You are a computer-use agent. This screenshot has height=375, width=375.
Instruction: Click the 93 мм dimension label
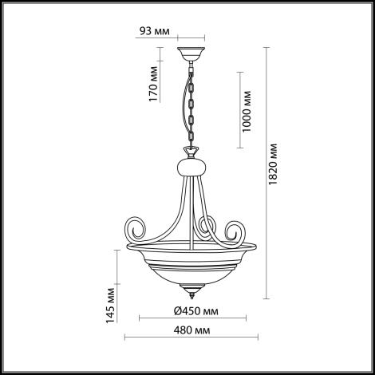pos(155,31)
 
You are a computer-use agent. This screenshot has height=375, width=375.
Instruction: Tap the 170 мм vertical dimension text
pos(153,84)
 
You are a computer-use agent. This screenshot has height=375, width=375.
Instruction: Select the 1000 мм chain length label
pos(247,112)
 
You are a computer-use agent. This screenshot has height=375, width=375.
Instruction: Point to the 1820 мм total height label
pos(273,164)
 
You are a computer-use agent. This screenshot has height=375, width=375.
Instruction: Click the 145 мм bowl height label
pos(110,306)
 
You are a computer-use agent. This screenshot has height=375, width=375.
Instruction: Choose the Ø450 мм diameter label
pos(196,311)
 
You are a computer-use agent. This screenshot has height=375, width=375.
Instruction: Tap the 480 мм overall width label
pos(191,330)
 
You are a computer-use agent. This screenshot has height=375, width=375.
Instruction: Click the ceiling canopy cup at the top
pos(191,54)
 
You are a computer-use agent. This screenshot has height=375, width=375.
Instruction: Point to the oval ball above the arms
pos(191,167)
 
